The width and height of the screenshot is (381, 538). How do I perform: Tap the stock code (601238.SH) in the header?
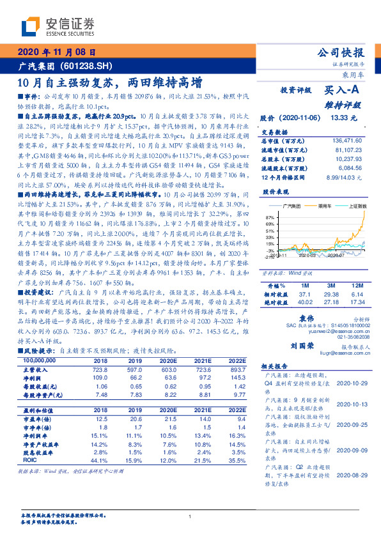[x=86, y=66]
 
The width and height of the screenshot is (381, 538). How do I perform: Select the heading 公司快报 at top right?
[x=341, y=53]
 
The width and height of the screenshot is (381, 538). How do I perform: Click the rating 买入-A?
[x=344, y=91]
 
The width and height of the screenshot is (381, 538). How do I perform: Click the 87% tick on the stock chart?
[x=268, y=219]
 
